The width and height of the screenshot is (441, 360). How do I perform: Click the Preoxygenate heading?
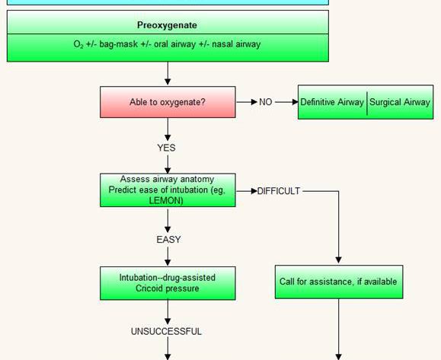[x=167, y=25]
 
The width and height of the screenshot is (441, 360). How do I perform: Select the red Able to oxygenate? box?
[x=168, y=102]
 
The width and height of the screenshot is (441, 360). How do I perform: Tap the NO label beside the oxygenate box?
[x=266, y=102]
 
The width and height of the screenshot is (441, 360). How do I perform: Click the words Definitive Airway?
[x=332, y=102]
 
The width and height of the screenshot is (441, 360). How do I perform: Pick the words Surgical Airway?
[x=400, y=102]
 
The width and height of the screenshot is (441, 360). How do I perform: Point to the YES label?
[x=166, y=148]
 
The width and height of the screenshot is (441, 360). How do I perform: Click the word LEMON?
[x=166, y=200]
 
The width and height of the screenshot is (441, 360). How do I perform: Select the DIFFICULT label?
[x=279, y=191]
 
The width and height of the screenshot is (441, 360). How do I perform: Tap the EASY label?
[x=168, y=240]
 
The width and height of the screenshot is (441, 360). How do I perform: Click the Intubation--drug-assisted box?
[x=168, y=283]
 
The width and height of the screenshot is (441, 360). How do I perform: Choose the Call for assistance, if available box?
[x=339, y=282]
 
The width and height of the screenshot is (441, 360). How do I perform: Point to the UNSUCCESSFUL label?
[x=166, y=331]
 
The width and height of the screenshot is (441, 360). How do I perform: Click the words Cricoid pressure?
[x=168, y=288]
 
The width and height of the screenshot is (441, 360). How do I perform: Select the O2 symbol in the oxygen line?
[x=78, y=44]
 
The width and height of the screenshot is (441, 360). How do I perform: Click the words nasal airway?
[x=236, y=44]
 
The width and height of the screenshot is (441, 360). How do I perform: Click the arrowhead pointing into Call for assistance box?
[x=339, y=260]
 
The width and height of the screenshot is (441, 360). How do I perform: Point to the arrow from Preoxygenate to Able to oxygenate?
[x=168, y=73]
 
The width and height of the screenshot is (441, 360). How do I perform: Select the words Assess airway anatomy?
[x=167, y=179]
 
